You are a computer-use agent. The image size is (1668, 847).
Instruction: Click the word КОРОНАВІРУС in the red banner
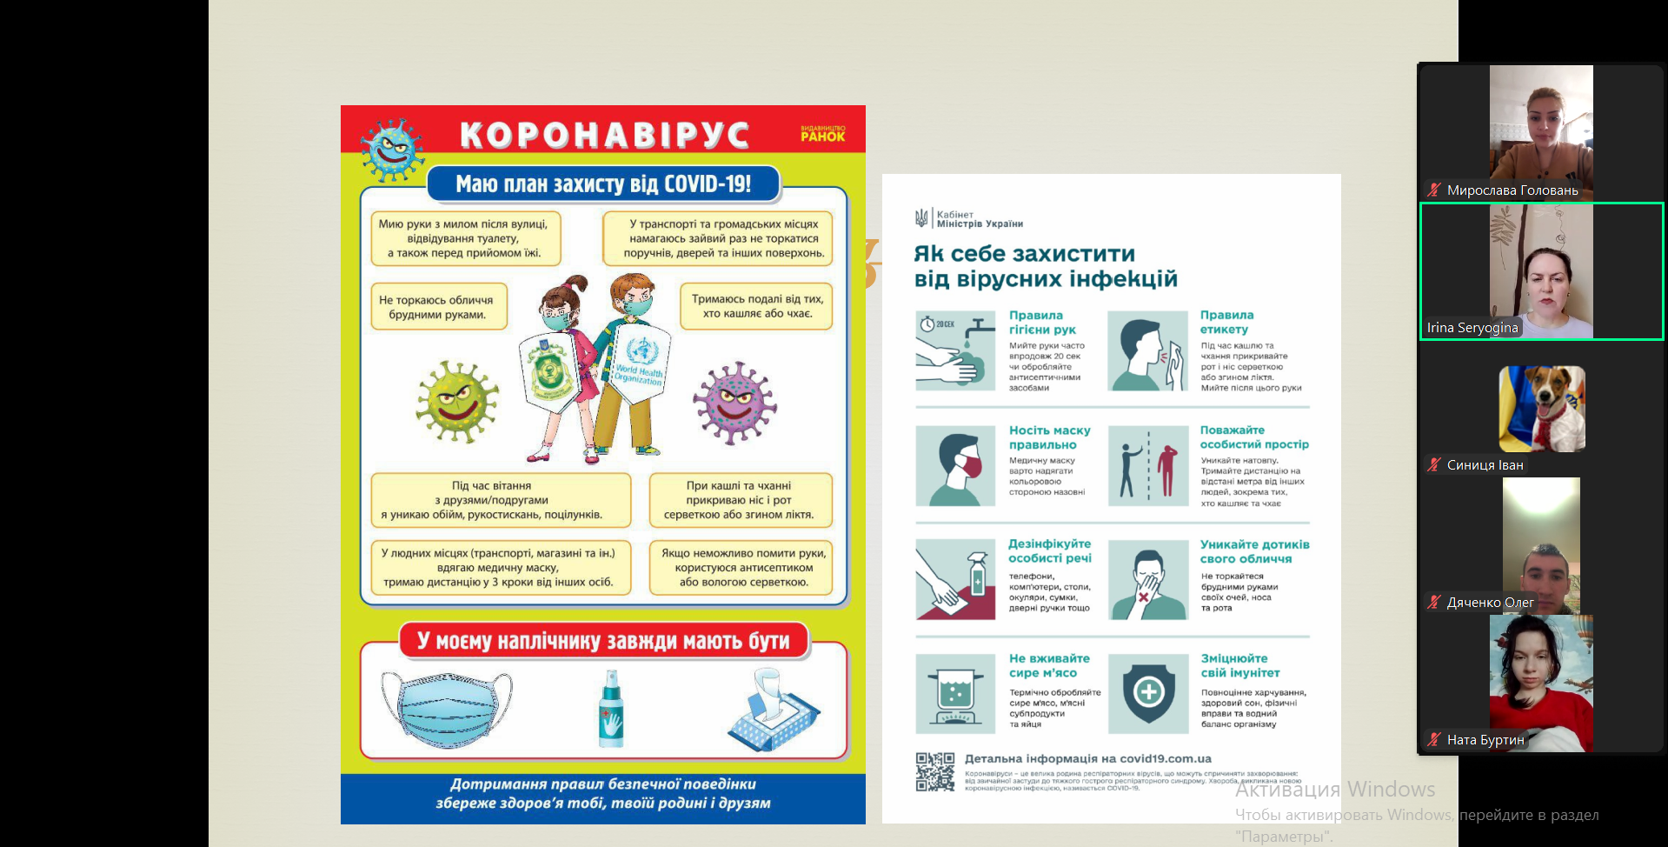click(604, 135)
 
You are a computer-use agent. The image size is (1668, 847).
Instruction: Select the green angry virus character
click(457, 401)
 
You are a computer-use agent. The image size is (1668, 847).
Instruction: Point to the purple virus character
click(735, 403)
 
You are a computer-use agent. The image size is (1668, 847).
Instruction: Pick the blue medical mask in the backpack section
click(446, 708)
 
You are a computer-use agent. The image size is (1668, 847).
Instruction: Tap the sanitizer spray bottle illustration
click(611, 710)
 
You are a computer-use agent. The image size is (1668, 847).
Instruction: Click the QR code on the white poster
click(935, 771)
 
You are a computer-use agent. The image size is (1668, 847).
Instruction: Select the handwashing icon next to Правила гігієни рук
click(954, 350)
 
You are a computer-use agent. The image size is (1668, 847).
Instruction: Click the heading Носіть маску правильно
click(1049, 437)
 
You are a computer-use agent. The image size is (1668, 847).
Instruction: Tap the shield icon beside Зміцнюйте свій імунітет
click(1148, 693)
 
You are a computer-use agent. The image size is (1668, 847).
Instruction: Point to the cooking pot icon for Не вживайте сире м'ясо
click(954, 694)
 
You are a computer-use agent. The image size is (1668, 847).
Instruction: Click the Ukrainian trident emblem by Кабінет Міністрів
click(921, 218)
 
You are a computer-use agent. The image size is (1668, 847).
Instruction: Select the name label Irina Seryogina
click(1472, 328)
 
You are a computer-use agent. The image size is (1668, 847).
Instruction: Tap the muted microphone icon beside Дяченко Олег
click(1433, 603)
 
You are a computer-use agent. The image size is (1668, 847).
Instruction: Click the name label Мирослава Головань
click(1512, 190)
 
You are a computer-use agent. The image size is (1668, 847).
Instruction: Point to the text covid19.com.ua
click(1161, 758)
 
